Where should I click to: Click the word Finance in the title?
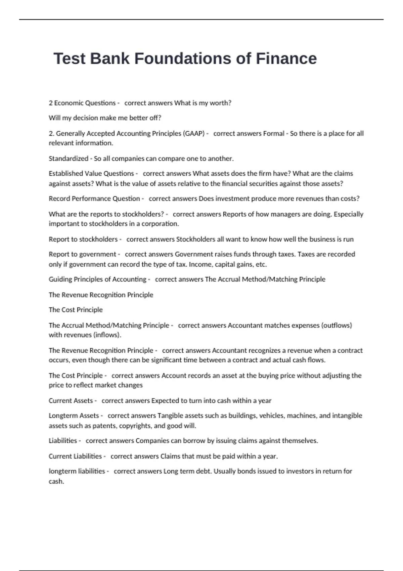(x=286, y=58)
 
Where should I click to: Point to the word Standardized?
(x=69, y=159)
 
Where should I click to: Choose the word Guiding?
(x=60, y=279)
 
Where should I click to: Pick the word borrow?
(x=198, y=441)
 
